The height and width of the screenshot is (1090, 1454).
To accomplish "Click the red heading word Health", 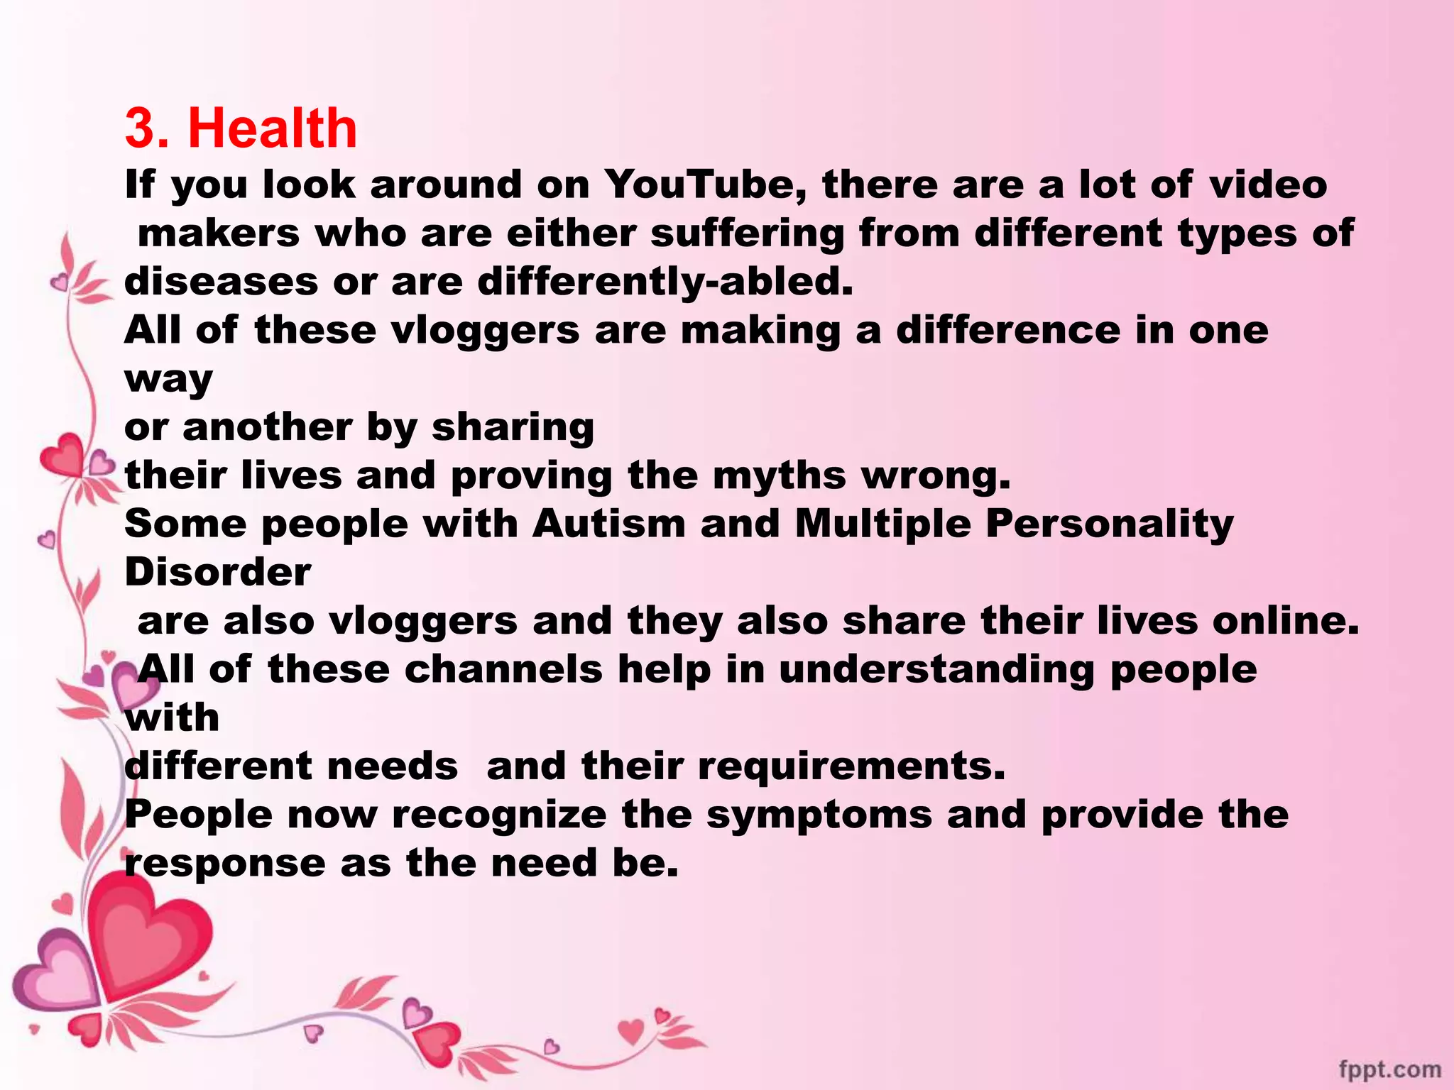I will pyautogui.click(x=272, y=128).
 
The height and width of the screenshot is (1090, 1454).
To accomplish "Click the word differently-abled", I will pyautogui.click(x=665, y=282).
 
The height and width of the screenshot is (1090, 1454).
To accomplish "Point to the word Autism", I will pyautogui.click(x=609, y=524).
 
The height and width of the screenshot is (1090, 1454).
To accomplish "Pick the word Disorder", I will pyautogui.click(x=218, y=572).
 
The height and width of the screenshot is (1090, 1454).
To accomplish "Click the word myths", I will pyautogui.click(x=780, y=475).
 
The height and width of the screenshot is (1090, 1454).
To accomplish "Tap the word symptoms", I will pyautogui.click(x=819, y=815).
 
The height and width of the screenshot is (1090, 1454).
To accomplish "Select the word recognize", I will pyautogui.click(x=499, y=815).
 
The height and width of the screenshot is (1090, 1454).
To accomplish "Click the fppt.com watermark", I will pyautogui.click(x=1389, y=1069).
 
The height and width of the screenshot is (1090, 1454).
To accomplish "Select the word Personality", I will pyautogui.click(x=1110, y=525).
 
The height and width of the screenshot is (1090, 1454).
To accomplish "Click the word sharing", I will pyautogui.click(x=513, y=427).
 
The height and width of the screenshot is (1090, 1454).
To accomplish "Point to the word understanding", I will pyautogui.click(x=936, y=669).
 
